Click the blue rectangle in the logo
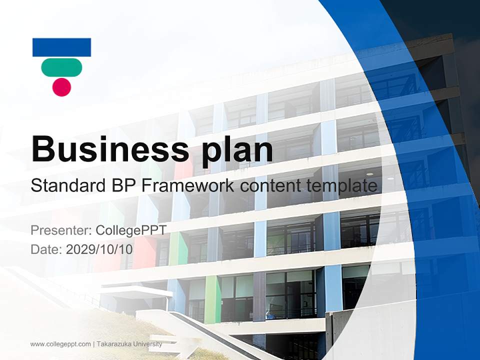[x=61, y=47]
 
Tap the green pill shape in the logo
[x=61, y=67]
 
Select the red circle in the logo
[x=61, y=87]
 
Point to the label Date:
[x=46, y=249]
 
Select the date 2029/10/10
[x=99, y=249]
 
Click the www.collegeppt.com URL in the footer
[x=60, y=344]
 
